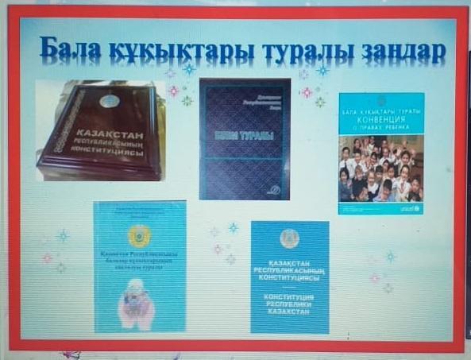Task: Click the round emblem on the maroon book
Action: (110, 102)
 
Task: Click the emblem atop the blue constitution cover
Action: (290, 238)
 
